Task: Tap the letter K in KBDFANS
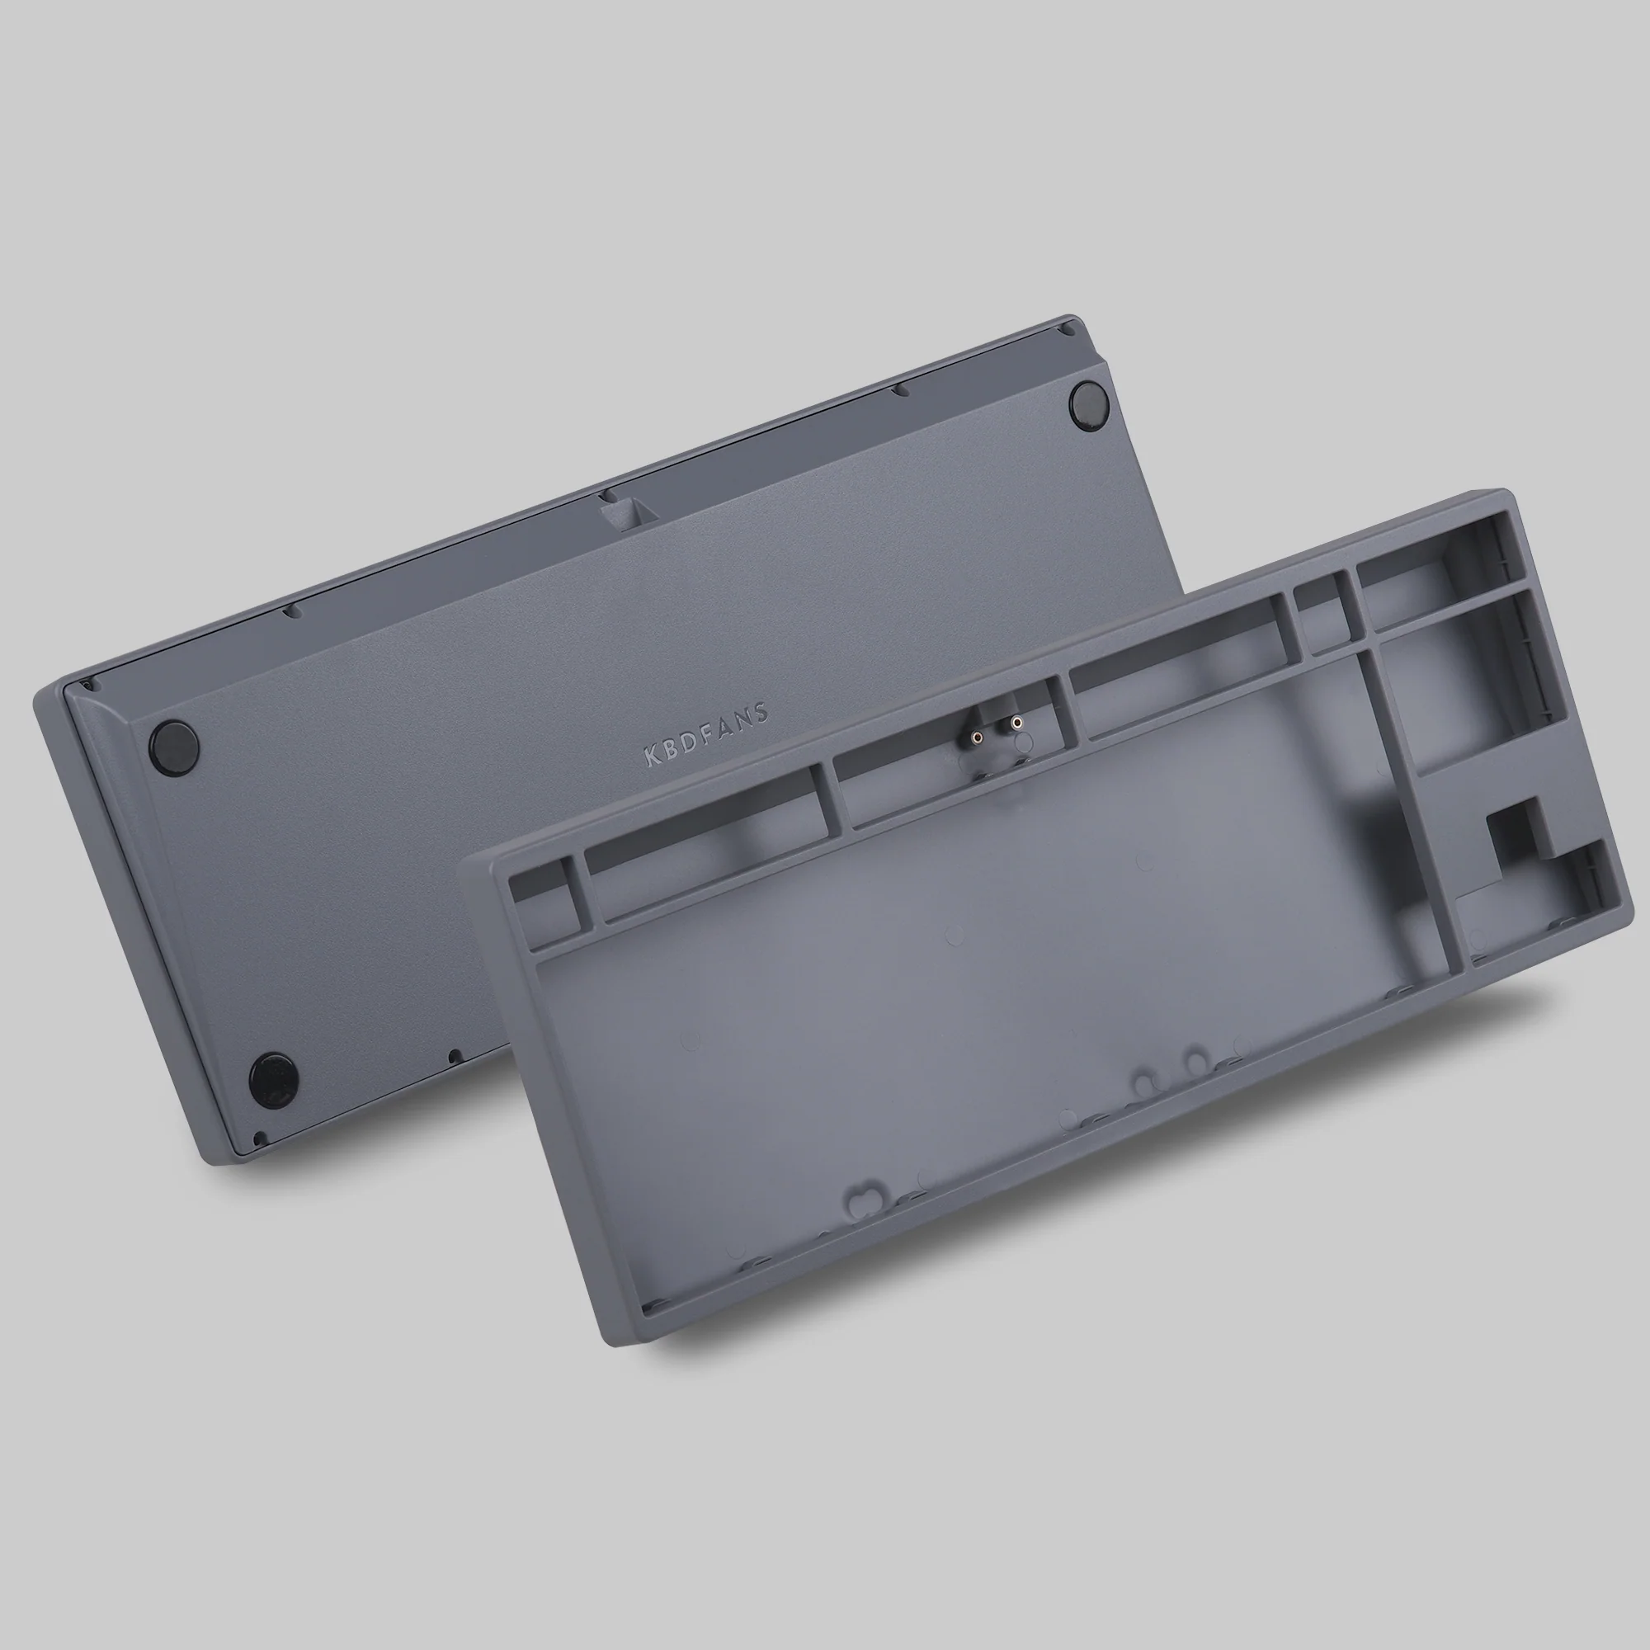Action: click(x=650, y=755)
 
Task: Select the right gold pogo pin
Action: click(x=1016, y=723)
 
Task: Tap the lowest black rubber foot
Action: click(x=273, y=1077)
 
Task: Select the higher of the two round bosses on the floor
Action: click(x=1196, y=1060)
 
